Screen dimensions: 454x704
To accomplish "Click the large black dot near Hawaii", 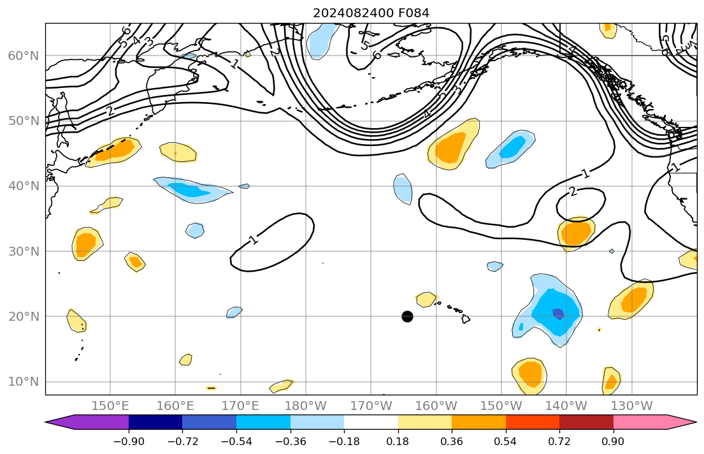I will pos(408,316).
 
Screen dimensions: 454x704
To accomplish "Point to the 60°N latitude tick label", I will pos(23,56).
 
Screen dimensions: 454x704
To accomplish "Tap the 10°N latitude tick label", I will pos(23,382).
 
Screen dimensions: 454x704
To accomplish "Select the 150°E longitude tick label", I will pos(110,406).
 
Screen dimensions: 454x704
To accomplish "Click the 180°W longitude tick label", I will pos(306,406).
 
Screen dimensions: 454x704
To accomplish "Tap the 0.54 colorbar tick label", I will pos(506,441).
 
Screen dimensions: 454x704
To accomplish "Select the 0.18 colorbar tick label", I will pos(398,441).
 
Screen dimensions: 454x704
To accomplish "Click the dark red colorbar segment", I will pos(586,422).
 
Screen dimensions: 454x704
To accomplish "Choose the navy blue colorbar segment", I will pos(155,422).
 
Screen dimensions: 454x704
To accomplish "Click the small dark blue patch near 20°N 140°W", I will pos(558,313).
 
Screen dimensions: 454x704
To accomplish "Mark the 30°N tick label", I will pos(23,251).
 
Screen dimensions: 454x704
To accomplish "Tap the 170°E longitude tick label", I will pos(241,406).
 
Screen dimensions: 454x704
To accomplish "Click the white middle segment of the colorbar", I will pos(371,422).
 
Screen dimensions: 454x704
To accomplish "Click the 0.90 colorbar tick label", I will pos(614,441).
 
